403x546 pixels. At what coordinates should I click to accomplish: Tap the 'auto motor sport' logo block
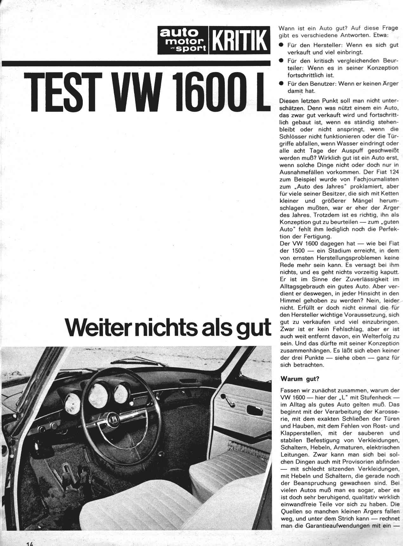tap(183, 41)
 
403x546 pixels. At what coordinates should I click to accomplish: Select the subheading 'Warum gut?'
tap(300, 379)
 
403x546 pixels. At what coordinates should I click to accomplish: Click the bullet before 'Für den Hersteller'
tap(281, 45)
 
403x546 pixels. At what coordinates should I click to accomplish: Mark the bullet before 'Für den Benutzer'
tap(281, 84)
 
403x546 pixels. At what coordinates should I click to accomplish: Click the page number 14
tap(31, 543)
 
